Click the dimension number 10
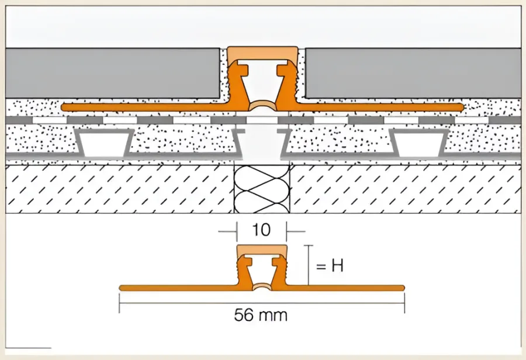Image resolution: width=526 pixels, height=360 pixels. (261, 230)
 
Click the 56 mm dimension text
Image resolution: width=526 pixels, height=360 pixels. (261, 315)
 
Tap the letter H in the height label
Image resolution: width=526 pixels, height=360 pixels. (337, 266)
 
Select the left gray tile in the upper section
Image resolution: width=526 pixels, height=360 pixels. (112, 73)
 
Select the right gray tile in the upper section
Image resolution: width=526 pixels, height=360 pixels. (413, 73)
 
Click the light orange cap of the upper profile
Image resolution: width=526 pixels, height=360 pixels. (262, 53)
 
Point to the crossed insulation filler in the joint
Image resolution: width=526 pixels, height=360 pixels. (262, 189)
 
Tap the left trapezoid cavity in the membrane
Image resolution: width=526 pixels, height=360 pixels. (104, 143)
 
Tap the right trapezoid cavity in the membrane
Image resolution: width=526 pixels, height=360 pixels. (420, 143)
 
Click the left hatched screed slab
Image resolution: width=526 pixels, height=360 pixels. (120, 189)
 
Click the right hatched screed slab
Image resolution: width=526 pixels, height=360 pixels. (405, 189)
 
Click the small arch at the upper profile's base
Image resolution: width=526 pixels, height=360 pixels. (262, 106)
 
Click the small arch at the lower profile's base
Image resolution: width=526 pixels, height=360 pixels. (262, 286)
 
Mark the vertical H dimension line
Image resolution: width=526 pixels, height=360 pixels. (308, 265)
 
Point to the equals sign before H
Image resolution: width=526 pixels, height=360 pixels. (321, 266)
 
